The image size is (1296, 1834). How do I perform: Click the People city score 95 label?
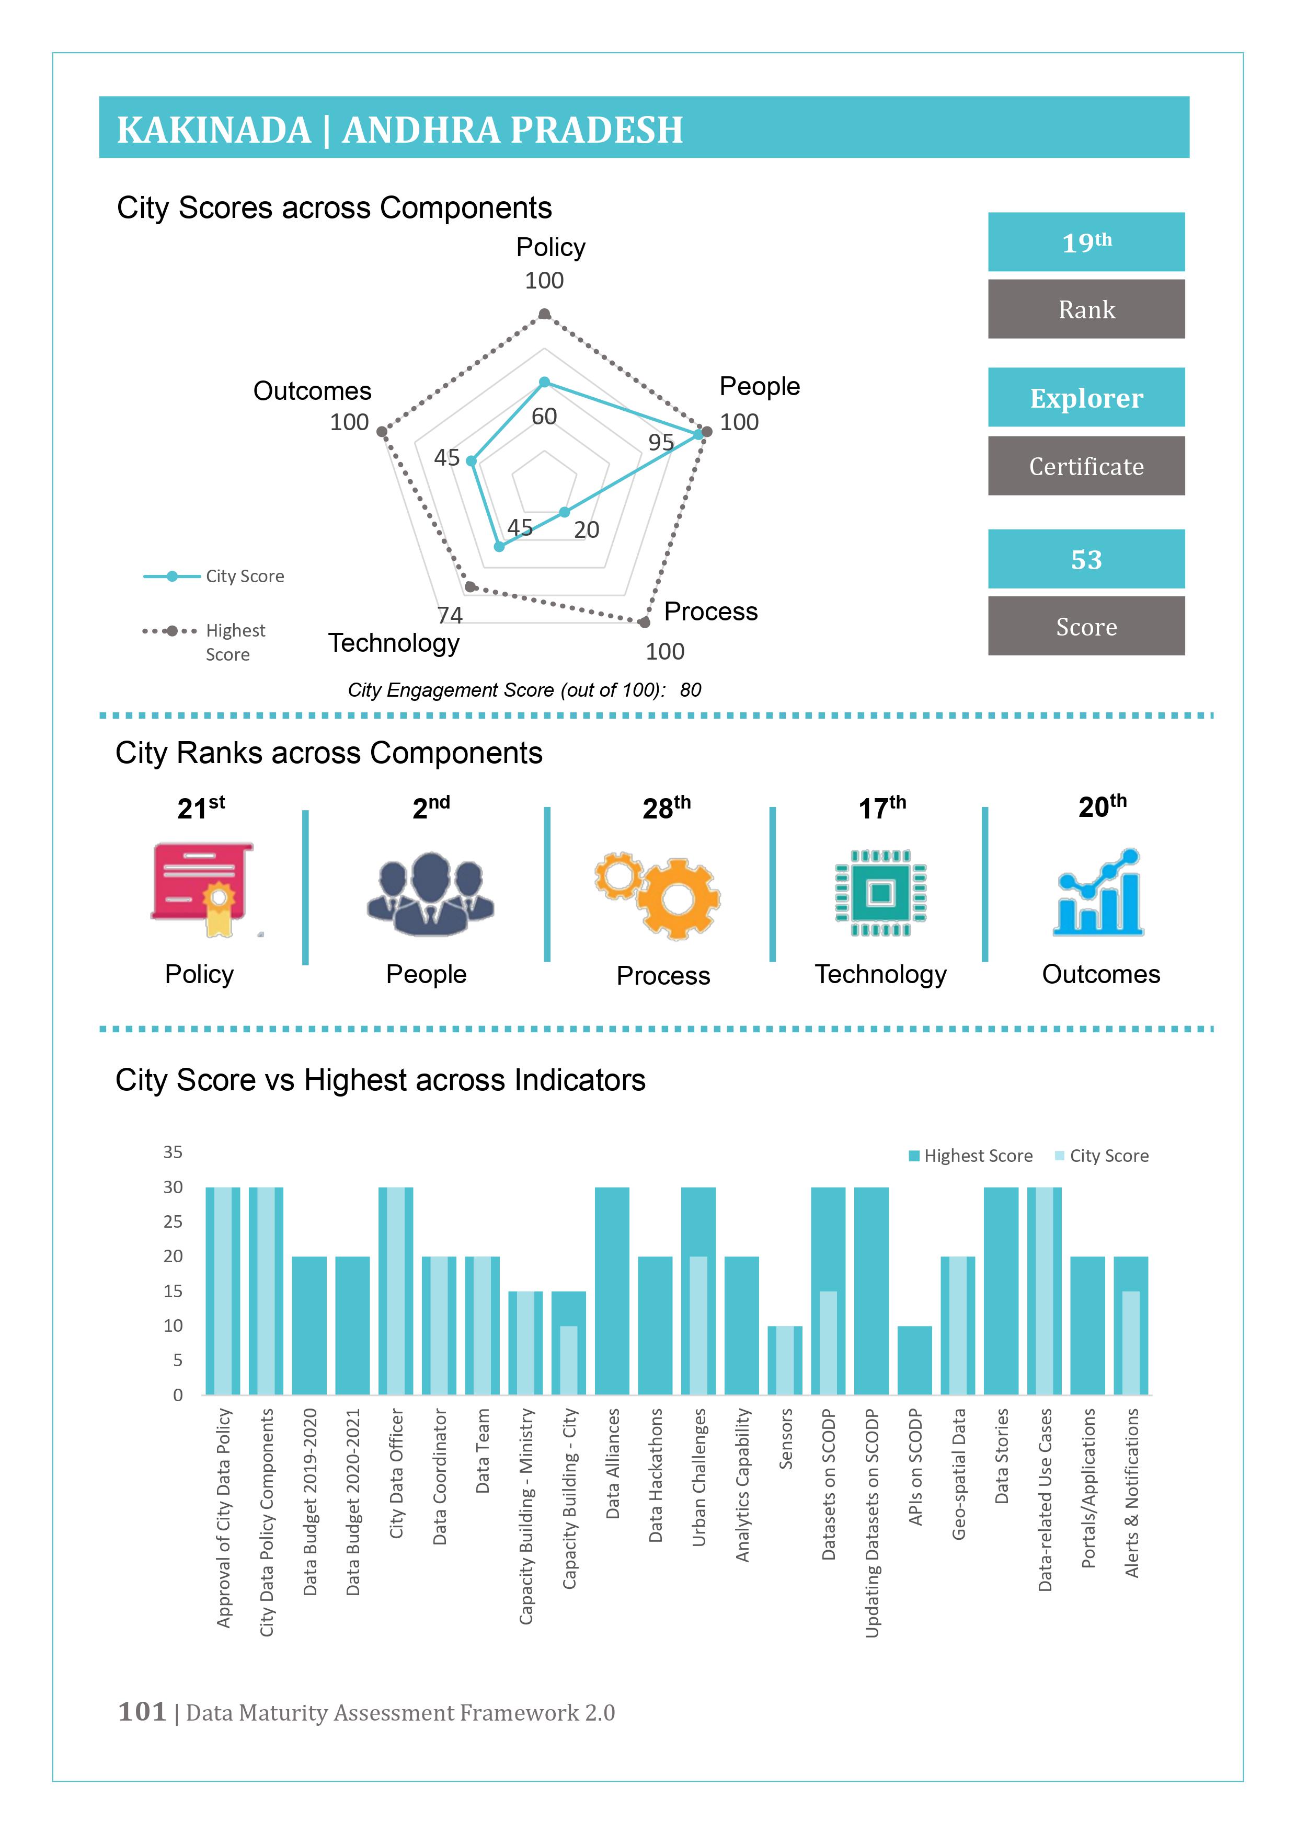(661, 442)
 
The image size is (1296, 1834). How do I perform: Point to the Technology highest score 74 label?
(450, 615)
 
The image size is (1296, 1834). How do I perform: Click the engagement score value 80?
(691, 689)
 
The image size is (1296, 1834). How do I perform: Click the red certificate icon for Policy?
(203, 889)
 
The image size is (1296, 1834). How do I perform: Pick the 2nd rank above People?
(431, 807)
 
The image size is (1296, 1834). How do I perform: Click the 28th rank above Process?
(667, 807)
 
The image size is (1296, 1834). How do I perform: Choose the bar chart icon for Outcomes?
(1098, 892)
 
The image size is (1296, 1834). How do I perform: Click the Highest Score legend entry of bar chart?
(971, 1156)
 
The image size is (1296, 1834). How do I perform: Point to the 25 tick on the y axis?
(173, 1221)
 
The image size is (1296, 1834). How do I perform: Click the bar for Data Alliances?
(612, 1291)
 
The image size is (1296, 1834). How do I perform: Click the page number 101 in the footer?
(142, 1711)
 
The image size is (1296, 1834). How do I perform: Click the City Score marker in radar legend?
(172, 576)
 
